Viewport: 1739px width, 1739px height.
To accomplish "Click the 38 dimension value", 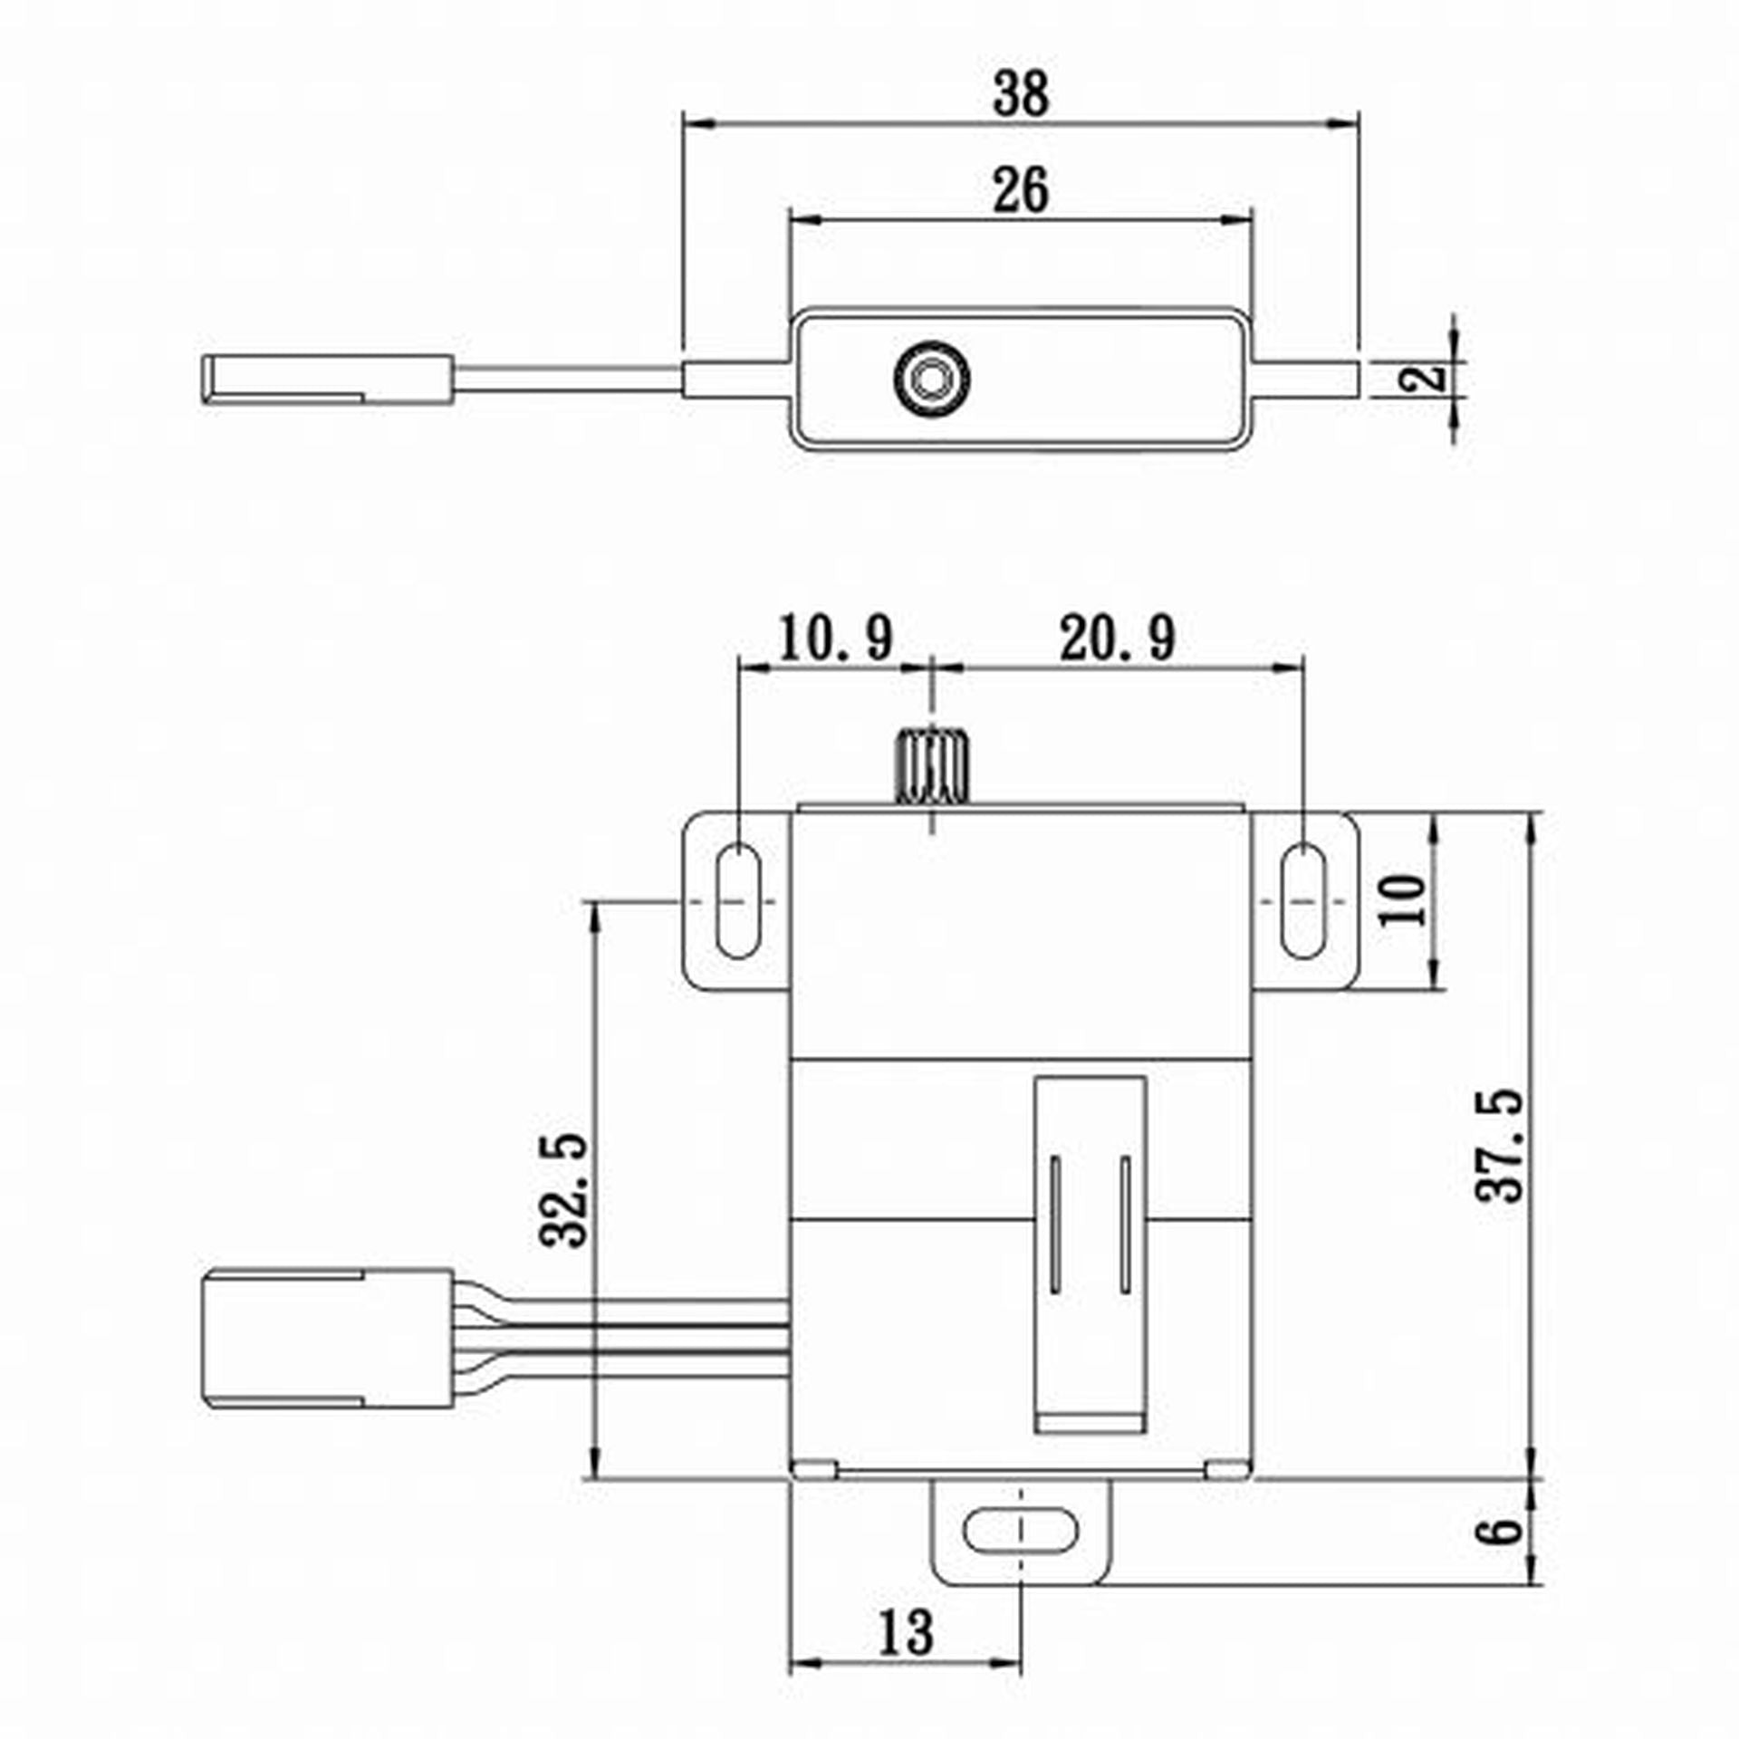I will (x=1021, y=94).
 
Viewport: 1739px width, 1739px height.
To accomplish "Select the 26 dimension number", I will (x=1021, y=190).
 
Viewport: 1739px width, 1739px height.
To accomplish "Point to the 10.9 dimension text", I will (x=835, y=639).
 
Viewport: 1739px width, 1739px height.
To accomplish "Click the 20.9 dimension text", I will (x=1117, y=639).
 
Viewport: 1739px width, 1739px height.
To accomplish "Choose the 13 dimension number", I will (x=905, y=1633).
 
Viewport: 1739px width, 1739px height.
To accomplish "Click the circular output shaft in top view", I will (x=930, y=379).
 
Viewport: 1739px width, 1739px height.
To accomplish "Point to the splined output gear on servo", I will (x=932, y=765).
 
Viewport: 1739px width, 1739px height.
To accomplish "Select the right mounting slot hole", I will (x=1302, y=900).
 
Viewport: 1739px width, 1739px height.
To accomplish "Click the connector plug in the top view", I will (x=326, y=379).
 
